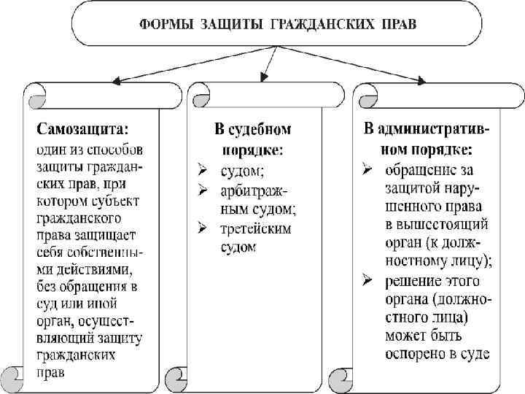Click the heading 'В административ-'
[427, 129]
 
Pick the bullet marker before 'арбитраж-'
[204, 191]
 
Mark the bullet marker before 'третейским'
[204, 228]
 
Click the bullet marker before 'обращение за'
[370, 171]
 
